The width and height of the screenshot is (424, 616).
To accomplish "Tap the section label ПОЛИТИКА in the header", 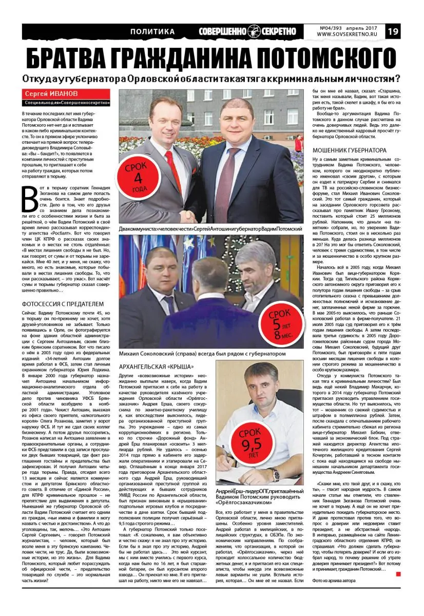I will (152, 32).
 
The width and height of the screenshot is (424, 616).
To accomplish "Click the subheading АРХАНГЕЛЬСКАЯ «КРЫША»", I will (156, 367).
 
